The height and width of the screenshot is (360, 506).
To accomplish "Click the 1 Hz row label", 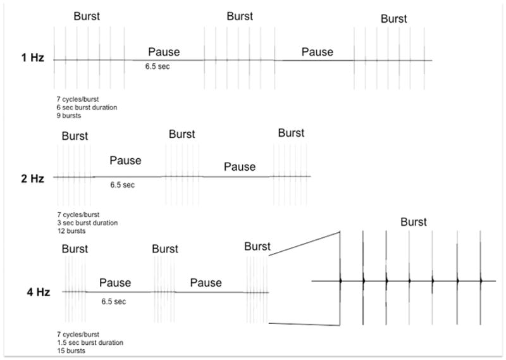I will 31,60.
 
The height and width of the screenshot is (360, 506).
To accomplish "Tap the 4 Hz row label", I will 31,293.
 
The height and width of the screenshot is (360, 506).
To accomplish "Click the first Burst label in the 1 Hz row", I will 87,16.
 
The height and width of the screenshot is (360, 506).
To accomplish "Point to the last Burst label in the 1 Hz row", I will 393,19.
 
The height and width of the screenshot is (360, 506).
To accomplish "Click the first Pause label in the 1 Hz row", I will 164,51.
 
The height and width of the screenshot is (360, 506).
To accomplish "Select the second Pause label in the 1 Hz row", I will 318,51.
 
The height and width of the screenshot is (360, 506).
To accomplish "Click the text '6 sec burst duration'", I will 87,108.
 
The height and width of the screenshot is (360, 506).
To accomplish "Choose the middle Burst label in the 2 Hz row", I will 182,134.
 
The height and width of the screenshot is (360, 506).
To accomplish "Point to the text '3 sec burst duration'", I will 87,223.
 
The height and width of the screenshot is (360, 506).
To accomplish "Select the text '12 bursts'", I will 71,231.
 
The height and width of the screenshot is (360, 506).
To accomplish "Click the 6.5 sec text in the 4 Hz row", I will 114,301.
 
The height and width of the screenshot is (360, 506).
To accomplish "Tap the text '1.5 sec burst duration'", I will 89,342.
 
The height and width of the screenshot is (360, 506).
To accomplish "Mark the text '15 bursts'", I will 71,351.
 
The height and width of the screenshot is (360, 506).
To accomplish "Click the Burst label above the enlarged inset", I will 414,222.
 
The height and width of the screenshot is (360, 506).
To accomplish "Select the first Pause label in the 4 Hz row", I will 115,282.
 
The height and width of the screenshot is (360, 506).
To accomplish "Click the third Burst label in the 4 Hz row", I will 257,246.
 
